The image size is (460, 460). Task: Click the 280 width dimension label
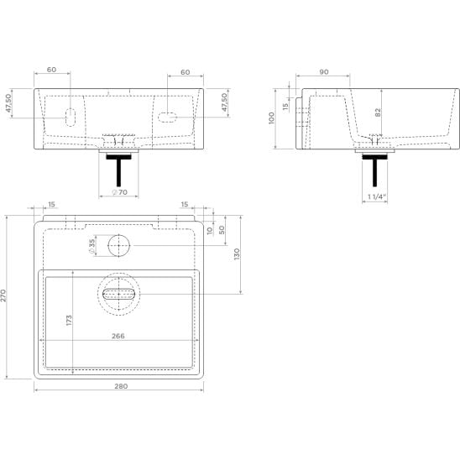point(121,386)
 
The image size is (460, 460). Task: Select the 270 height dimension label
point(3,295)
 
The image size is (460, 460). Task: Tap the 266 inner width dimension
point(118,336)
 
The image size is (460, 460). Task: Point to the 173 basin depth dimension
point(69,320)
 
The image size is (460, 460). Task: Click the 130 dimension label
point(237,254)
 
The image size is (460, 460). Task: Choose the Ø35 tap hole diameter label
point(91,247)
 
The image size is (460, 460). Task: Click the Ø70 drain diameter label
point(120,192)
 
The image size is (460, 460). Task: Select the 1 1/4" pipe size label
point(376,196)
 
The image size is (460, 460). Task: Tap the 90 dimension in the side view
point(324,72)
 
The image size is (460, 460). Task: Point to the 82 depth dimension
point(378,112)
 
